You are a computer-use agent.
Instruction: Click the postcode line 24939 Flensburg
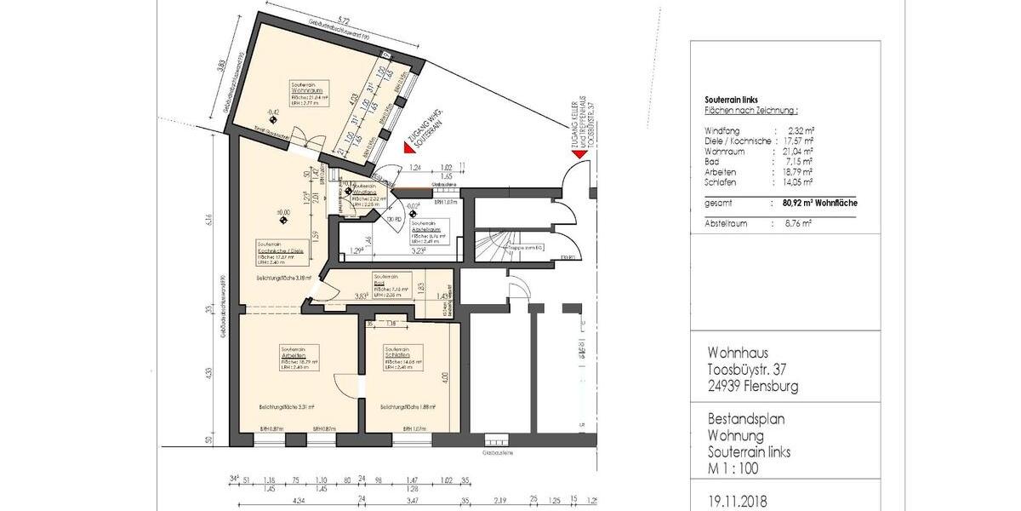pos(753,386)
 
